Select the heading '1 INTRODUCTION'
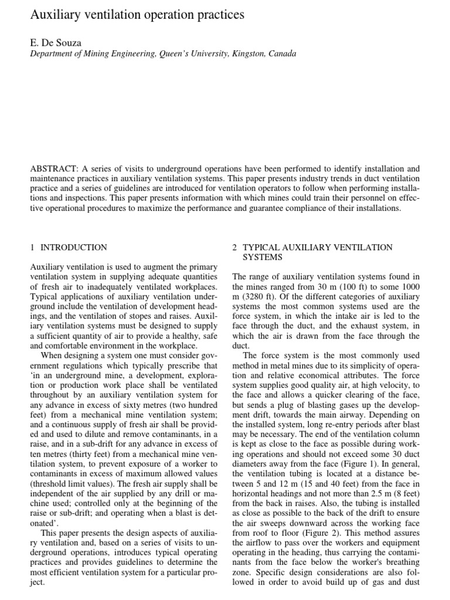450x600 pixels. coord(69,247)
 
